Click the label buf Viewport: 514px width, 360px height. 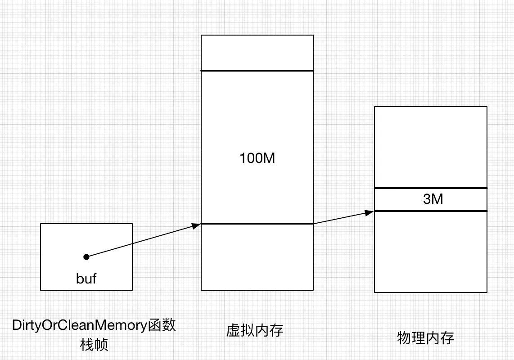tap(86, 279)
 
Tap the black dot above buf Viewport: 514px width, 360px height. tap(86, 256)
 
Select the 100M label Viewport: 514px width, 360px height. tap(257, 158)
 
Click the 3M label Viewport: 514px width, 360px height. tap(433, 199)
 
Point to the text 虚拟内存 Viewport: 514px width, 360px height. tap(255, 331)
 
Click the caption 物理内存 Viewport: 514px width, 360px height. tap(425, 337)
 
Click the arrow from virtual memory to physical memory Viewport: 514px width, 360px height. tap(342, 217)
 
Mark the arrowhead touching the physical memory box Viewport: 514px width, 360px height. tap(370, 211)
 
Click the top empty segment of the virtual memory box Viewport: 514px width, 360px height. tap(257, 53)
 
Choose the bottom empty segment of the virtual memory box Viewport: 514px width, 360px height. tap(257, 256)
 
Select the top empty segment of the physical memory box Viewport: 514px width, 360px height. tap(431, 147)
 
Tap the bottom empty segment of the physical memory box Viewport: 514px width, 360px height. tap(431, 252)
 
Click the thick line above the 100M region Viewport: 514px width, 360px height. tap(257, 71)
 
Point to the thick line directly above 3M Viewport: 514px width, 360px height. tap(431, 188)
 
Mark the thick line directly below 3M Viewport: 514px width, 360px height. tap(431, 211)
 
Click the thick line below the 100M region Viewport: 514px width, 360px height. tap(257, 224)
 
